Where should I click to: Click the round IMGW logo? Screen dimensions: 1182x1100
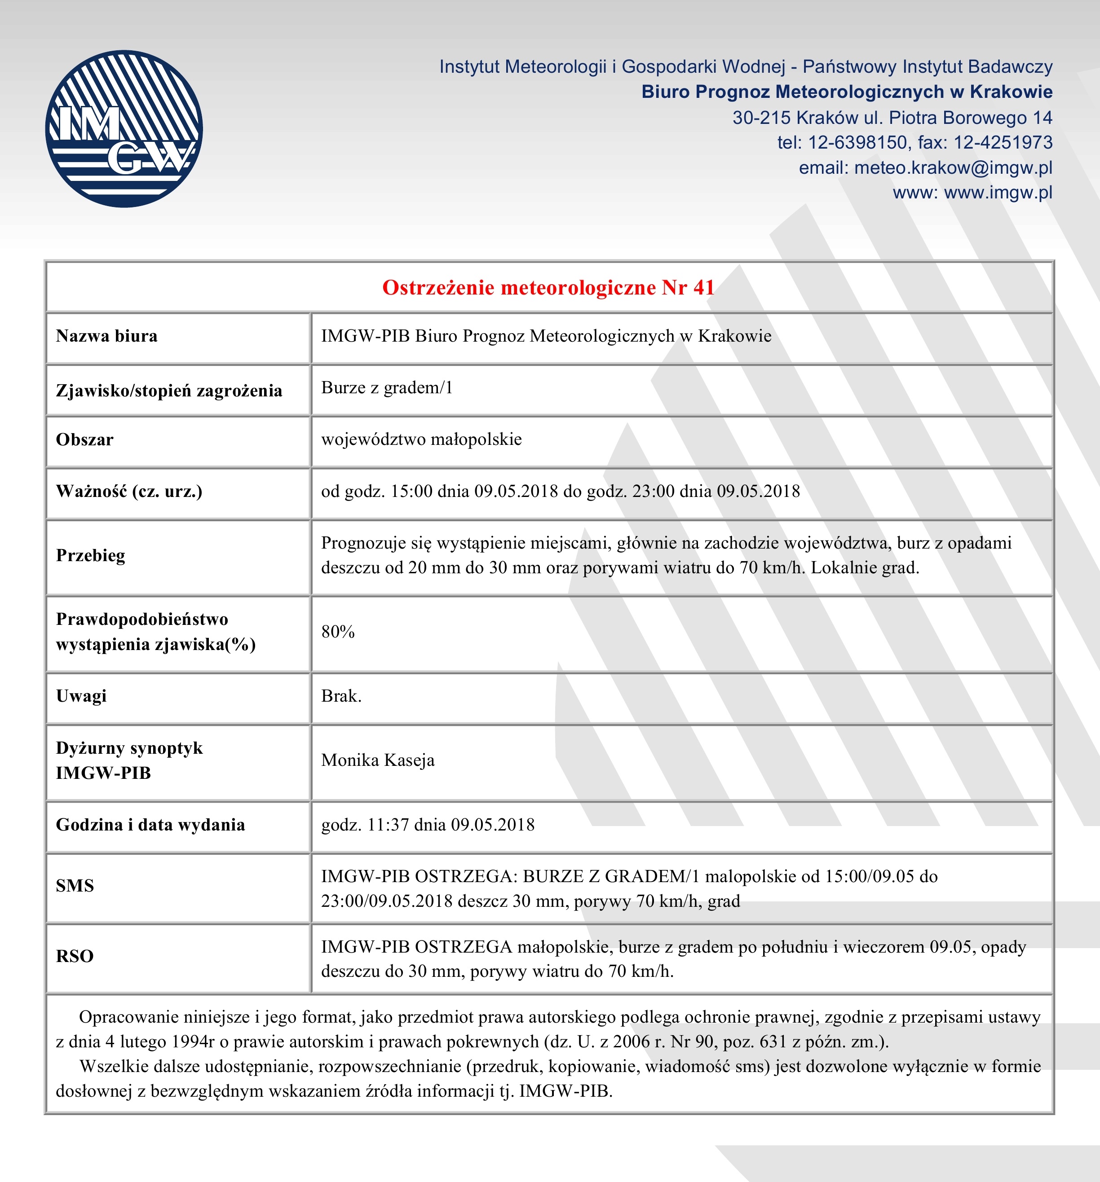click(124, 128)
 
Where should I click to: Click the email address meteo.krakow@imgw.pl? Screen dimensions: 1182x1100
click(953, 167)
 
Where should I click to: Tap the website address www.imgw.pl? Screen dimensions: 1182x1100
click(998, 193)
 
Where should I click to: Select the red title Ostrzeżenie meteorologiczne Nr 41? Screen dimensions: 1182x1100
click(548, 288)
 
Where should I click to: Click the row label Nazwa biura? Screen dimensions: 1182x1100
click(106, 337)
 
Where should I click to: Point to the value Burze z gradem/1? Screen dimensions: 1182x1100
click(387, 388)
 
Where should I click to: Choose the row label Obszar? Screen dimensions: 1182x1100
click(84, 440)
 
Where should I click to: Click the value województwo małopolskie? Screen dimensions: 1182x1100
click(421, 439)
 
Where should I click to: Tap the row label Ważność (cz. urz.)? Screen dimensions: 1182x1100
click(129, 492)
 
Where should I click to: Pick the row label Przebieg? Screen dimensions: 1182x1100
click(90, 555)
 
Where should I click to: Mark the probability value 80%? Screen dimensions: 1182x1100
click(338, 632)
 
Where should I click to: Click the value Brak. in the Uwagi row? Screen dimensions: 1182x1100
click(341, 696)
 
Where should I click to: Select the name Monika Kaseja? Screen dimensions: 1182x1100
click(378, 760)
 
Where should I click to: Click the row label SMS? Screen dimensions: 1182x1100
click(75, 886)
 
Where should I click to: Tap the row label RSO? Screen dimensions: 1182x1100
click(75, 956)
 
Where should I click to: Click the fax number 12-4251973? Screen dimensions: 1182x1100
click(1003, 143)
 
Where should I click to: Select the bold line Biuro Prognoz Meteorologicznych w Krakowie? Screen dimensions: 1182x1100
click(847, 92)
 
